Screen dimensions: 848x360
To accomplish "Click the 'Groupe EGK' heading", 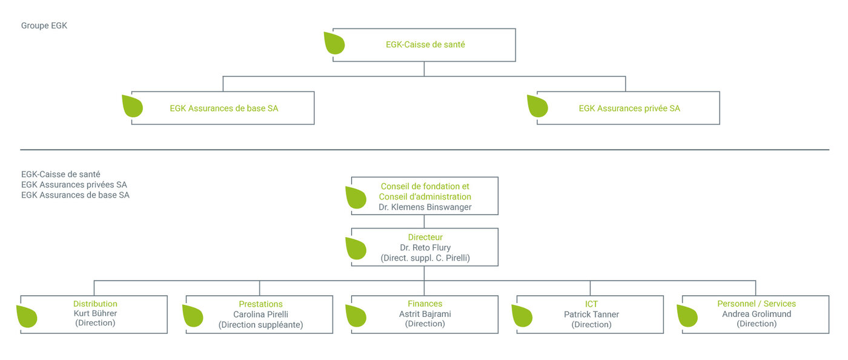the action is point(44,26).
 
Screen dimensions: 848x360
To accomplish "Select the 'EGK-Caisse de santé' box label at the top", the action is point(425,45).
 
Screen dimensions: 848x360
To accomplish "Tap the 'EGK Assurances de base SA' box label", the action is point(224,108).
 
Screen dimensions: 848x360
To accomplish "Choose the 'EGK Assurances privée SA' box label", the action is point(629,108).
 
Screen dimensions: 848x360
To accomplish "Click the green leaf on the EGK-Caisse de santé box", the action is point(334,43).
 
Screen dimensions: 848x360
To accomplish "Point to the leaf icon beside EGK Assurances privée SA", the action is point(538,106).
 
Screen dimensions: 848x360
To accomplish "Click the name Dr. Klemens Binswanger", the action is point(425,207).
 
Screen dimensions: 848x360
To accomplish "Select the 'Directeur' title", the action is point(425,237).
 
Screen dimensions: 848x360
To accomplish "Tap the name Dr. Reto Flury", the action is point(425,248).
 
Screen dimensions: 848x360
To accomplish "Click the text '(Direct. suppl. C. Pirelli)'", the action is point(425,258).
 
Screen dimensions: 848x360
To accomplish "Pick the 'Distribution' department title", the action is point(95,304).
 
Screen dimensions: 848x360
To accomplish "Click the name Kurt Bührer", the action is point(95,313).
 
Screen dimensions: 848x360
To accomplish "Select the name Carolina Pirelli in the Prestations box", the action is point(260,315).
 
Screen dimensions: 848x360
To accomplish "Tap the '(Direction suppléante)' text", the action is point(260,325).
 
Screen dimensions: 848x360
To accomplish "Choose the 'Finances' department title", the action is point(425,304).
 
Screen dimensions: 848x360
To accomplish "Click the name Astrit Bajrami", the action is point(425,314).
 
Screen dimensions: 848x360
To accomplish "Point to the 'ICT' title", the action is point(591,304).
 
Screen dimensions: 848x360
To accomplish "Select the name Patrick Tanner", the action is point(591,315).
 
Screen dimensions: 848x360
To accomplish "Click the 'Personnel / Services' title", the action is point(757,304).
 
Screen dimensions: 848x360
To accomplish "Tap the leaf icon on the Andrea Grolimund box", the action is point(687,316).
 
